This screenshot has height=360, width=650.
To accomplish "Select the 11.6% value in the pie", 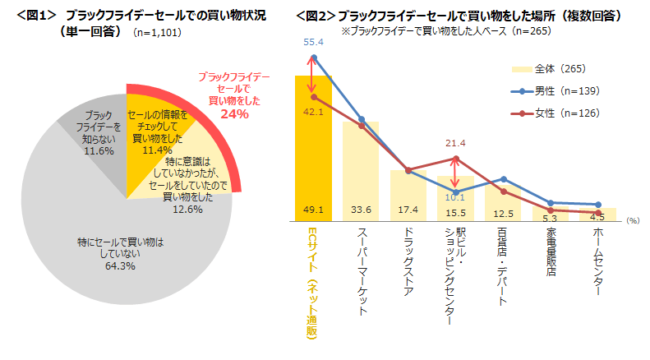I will [x=98, y=151].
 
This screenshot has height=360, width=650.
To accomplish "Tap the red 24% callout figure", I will [x=234, y=114].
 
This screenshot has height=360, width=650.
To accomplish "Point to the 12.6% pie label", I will [x=187, y=210].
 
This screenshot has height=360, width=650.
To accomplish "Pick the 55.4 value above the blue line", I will [x=313, y=40].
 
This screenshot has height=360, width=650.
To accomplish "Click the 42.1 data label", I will [x=313, y=111].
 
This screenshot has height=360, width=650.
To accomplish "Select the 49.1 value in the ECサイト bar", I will [x=313, y=211].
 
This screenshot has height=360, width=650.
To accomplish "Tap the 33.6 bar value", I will [x=361, y=211].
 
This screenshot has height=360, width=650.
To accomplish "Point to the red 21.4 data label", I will [x=457, y=143].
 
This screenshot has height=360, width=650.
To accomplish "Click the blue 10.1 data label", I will [x=456, y=197].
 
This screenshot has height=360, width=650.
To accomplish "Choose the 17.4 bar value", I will [x=408, y=211].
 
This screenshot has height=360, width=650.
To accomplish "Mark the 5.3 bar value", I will [x=551, y=218].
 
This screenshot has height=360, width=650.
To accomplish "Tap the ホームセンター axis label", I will [x=599, y=262].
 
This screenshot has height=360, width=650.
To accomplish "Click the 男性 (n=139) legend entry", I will [x=568, y=90].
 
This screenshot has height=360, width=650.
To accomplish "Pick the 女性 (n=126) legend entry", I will [x=568, y=113].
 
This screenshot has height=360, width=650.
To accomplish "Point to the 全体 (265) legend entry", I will [x=559, y=68].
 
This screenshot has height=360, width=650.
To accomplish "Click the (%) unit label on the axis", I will [x=633, y=220].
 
